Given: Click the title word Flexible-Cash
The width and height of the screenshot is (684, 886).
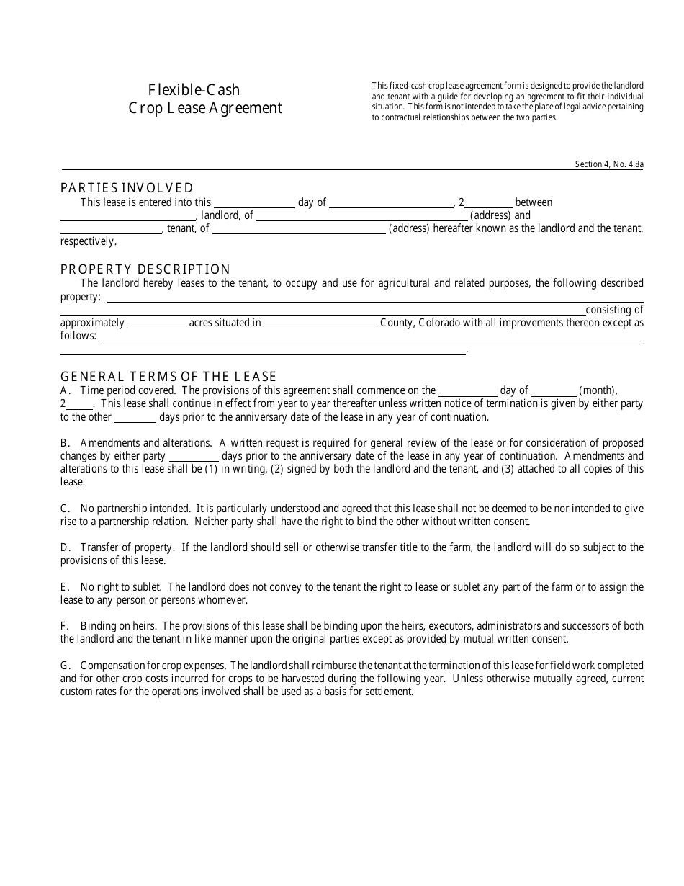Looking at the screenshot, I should [x=194, y=90].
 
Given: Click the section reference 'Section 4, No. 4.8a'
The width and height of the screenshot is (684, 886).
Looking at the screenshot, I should [x=609, y=164].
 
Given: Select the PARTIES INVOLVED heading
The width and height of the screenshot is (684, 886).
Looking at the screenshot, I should [x=127, y=188].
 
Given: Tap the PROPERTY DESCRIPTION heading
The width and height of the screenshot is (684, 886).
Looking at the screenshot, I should [x=145, y=269].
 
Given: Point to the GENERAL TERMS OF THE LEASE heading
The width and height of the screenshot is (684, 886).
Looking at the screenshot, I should [x=168, y=377].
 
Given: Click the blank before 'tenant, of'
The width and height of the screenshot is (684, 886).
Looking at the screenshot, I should [x=112, y=229].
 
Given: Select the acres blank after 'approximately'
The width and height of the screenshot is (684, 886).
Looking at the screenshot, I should [x=156, y=323].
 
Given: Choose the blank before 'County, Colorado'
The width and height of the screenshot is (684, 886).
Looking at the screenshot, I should [x=320, y=323].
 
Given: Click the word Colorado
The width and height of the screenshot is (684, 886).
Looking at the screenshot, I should [x=438, y=323].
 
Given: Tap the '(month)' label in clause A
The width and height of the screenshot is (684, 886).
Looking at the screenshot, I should [x=598, y=390].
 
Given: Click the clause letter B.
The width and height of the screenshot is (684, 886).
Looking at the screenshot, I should [x=64, y=443].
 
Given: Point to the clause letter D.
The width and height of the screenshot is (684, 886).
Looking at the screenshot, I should [x=64, y=547].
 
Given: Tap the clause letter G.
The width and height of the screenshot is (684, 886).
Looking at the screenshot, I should [x=64, y=666].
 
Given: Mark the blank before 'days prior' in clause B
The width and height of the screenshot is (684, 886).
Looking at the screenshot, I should [x=194, y=457].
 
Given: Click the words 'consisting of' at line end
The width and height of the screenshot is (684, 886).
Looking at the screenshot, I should [x=614, y=310].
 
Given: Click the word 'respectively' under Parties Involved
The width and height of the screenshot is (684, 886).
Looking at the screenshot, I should [x=88, y=242].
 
